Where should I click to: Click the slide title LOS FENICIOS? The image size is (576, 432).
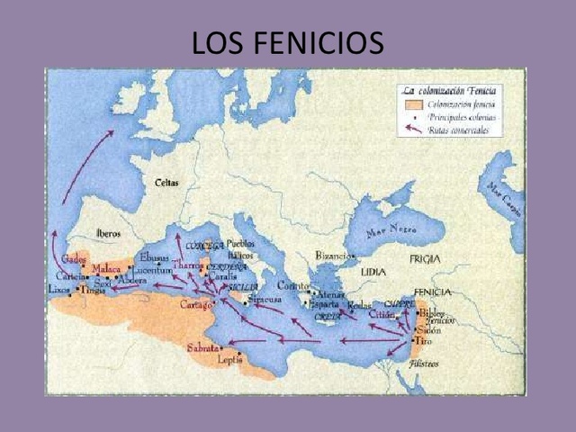pyautogui.click(x=287, y=41)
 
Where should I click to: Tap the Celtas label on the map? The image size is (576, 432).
pyautogui.click(x=166, y=183)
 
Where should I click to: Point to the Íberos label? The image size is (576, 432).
pyautogui.click(x=109, y=233)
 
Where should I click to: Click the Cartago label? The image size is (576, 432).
pyautogui.click(x=195, y=305)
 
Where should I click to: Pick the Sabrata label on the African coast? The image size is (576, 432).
pyautogui.click(x=202, y=347)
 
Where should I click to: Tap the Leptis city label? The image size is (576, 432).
pyautogui.click(x=229, y=359)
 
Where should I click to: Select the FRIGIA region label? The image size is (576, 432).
pyautogui.click(x=425, y=258)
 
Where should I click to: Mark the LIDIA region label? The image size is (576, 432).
pyautogui.click(x=373, y=272)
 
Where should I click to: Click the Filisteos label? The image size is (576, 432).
pyautogui.click(x=424, y=364)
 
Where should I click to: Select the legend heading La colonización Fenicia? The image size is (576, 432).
pyautogui.click(x=449, y=91)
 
